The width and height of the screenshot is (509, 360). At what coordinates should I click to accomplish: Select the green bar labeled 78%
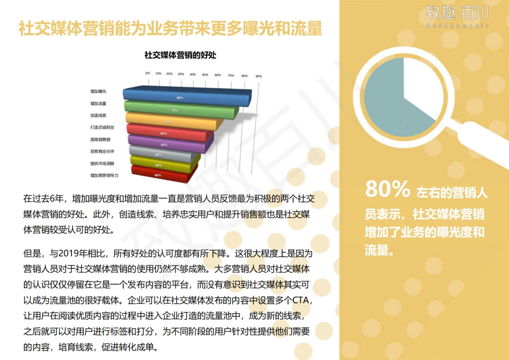coord(178,110)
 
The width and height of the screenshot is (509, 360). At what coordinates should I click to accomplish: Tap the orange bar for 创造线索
coord(170,122)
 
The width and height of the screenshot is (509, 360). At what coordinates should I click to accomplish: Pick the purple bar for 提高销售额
coord(165,145)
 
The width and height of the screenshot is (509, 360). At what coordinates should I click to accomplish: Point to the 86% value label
coord(180,98)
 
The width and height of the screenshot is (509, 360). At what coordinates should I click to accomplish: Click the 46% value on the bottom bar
coord(158,175)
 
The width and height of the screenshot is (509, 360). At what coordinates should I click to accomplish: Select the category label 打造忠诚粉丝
coord(102,127)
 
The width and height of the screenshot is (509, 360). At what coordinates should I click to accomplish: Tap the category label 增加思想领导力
coord(104,175)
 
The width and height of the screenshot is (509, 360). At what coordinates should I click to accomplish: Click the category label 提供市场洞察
coord(102,163)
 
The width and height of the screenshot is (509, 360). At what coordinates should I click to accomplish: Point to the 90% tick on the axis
coord(258,76)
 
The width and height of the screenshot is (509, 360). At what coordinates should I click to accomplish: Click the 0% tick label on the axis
coord(147,73)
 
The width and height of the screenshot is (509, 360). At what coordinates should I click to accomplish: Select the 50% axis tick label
coord(205,75)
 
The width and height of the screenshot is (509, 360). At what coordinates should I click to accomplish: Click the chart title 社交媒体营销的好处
coord(180,55)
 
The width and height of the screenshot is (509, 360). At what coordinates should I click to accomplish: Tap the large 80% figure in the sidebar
coord(387,190)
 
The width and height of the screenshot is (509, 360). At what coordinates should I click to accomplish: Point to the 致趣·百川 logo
coord(457,16)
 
